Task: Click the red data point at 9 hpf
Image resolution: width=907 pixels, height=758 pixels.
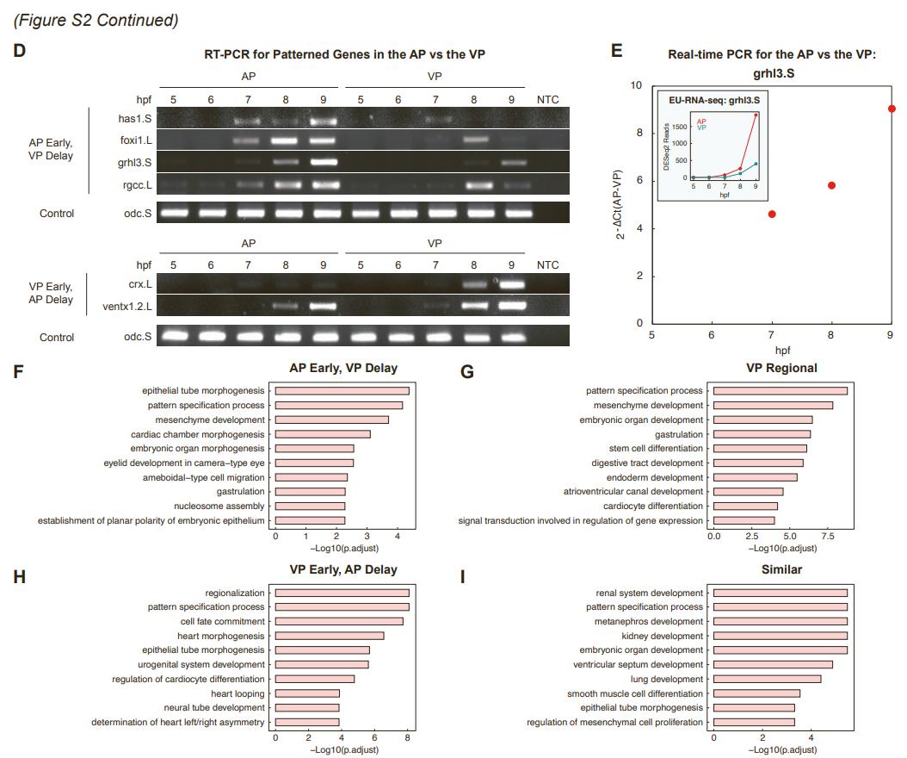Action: (892, 109)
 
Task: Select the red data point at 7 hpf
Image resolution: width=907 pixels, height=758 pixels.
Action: (772, 214)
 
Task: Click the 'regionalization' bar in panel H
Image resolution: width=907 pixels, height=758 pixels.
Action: (342, 593)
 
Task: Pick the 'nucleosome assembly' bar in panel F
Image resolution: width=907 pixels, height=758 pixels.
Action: (310, 506)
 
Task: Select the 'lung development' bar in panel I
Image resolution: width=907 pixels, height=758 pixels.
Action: (767, 679)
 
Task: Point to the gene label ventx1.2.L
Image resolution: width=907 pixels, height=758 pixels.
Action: (126, 305)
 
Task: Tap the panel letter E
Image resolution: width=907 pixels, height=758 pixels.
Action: (616, 50)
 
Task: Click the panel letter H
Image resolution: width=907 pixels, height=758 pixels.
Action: (19, 577)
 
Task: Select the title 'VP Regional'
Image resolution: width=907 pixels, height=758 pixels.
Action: (781, 368)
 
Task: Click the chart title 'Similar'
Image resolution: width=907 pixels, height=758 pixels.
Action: (781, 569)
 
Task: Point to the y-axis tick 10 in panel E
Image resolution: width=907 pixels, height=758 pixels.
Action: (636, 85)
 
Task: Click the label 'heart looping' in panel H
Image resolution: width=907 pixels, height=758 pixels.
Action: (238, 693)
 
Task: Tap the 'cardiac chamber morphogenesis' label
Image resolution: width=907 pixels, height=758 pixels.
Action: (198, 434)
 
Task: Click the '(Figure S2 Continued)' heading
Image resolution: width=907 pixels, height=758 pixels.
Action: (96, 20)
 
